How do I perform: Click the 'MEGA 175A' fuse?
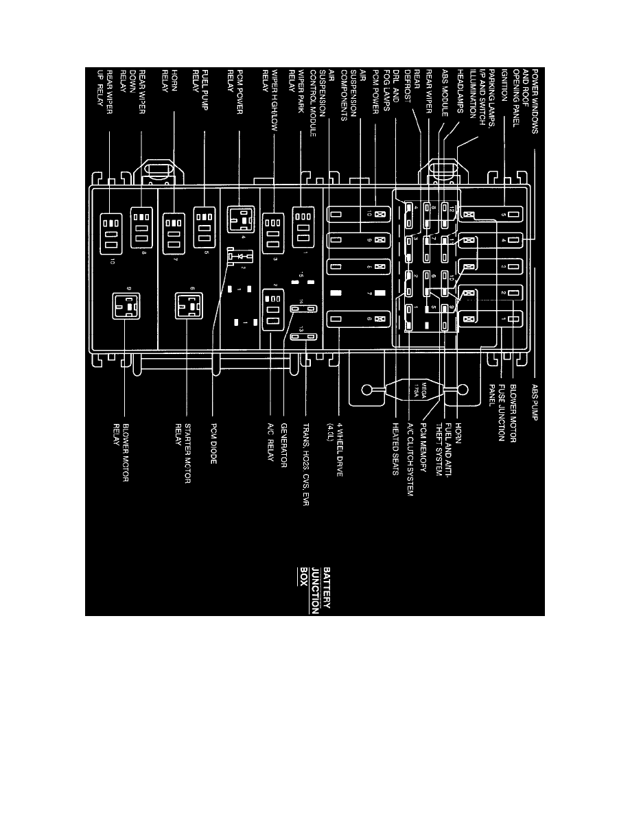click(x=406, y=389)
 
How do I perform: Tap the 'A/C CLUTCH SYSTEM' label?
click(x=410, y=457)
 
